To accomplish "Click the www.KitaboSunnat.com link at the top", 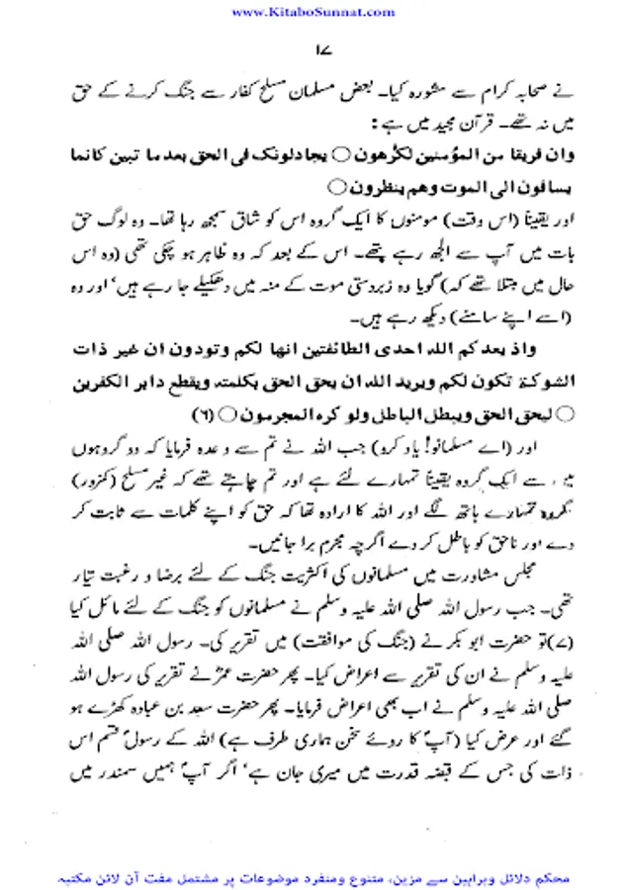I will [x=312, y=11].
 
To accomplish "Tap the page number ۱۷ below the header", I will [x=314, y=48].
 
